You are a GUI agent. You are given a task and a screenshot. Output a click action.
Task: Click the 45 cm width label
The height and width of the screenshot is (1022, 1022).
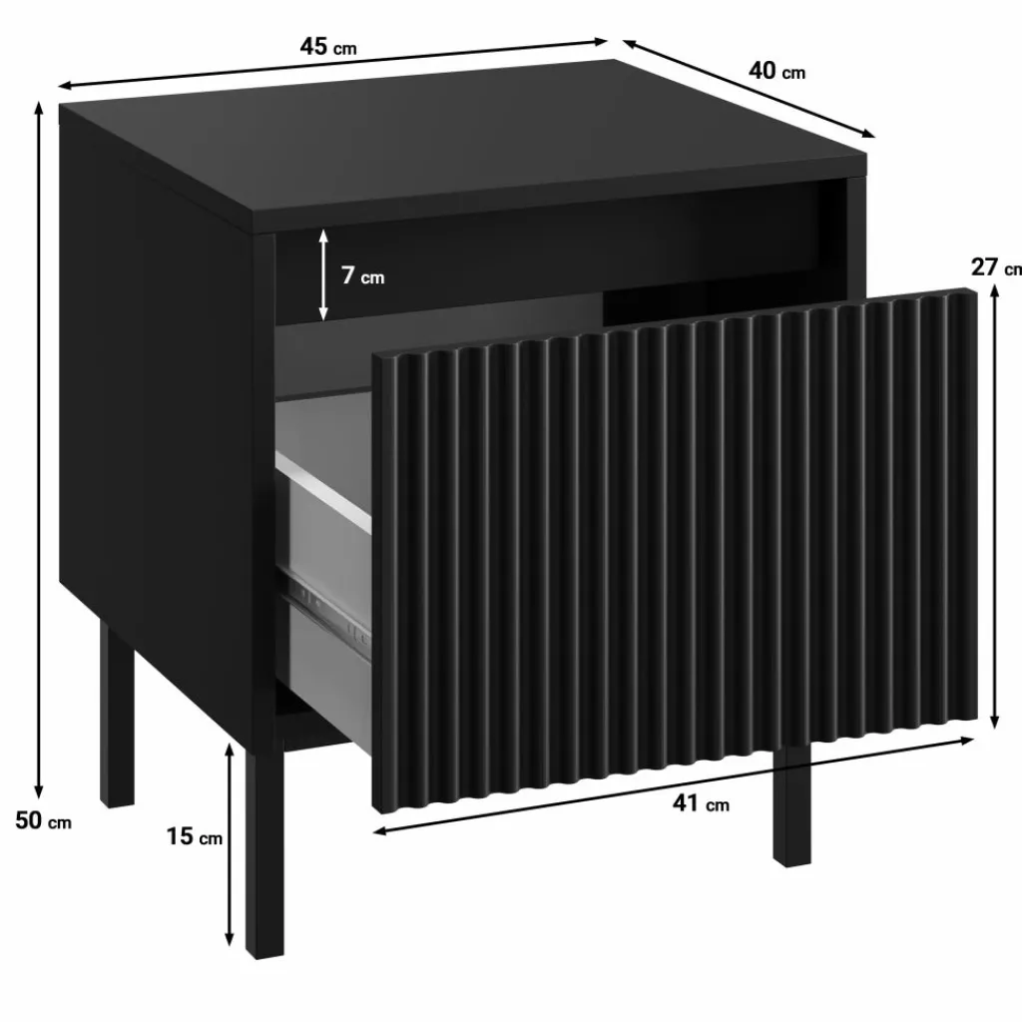click(x=328, y=47)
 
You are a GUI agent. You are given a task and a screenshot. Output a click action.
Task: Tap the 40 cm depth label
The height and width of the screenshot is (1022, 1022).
click(x=776, y=71)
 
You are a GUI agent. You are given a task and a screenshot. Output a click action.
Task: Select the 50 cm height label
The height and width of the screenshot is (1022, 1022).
click(x=43, y=820)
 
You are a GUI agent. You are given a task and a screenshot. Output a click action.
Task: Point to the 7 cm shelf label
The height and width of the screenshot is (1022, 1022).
click(x=363, y=275)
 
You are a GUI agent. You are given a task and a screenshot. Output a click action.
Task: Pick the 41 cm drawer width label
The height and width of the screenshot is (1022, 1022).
click(x=701, y=803)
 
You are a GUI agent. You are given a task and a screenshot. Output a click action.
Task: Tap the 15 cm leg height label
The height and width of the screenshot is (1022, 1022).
click(x=195, y=836)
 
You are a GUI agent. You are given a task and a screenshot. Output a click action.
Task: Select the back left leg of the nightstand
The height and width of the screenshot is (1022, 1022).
click(x=117, y=714)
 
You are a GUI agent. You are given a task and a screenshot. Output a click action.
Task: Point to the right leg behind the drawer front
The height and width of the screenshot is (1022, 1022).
click(x=791, y=805)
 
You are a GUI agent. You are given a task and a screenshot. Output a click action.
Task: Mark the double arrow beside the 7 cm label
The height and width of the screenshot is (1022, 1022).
click(x=323, y=274)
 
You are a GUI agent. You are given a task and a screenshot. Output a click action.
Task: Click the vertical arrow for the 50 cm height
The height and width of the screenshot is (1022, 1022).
click(x=39, y=450)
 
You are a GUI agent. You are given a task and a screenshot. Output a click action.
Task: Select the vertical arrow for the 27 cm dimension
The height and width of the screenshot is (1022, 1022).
click(x=995, y=507)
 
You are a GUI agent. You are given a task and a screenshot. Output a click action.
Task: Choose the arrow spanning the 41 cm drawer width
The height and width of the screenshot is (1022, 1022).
click(x=675, y=785)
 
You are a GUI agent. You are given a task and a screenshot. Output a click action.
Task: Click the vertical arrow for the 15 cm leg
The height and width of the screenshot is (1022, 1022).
click(x=229, y=844)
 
